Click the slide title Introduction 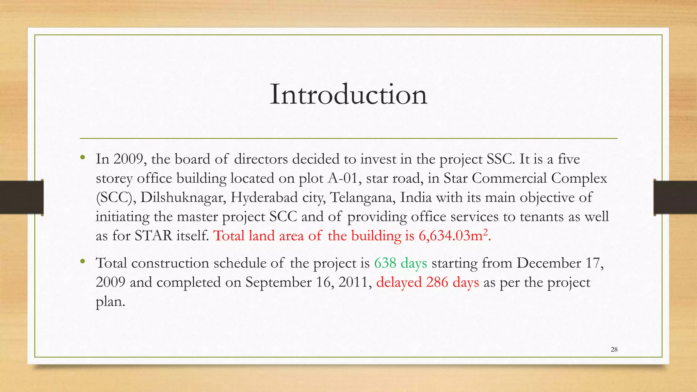(348, 95)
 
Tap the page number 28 (614, 349)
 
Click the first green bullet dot (82, 158)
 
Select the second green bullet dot (82, 261)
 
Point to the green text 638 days (400, 263)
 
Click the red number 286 (437, 282)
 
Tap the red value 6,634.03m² (453, 236)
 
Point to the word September (278, 282)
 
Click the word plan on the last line (110, 302)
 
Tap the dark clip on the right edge (675, 197)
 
